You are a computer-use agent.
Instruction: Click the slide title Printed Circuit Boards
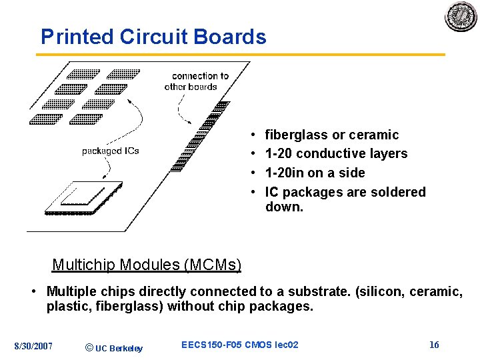(153, 37)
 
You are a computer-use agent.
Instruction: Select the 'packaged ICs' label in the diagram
(111, 151)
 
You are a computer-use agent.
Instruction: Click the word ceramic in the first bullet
(373, 135)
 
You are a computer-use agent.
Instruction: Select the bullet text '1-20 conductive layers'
(336, 154)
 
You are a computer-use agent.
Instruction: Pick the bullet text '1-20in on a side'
(315, 173)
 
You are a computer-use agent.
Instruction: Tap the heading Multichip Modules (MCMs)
(147, 265)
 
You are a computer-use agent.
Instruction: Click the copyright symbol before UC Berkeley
(89, 346)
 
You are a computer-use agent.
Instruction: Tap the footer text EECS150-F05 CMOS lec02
(240, 345)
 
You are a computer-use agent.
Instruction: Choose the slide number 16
(434, 345)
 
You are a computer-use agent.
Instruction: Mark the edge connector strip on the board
(200, 136)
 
